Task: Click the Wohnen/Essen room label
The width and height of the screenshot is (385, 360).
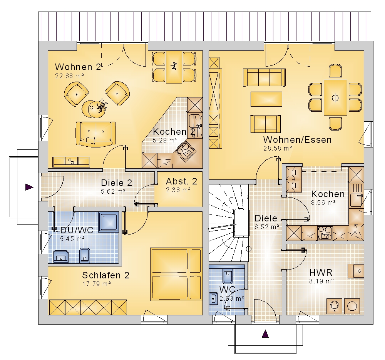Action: coord(297,140)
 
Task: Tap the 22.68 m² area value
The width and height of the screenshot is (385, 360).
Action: coord(69,76)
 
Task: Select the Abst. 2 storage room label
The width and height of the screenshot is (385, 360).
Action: coord(181,181)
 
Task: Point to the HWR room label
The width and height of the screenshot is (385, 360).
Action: coord(321,272)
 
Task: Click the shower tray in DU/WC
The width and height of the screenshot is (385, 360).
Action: coord(109,222)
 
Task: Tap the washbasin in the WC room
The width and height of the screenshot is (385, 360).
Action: coord(214,299)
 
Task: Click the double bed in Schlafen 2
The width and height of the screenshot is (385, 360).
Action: coord(176,274)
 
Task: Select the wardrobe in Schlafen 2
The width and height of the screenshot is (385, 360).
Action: coord(88,307)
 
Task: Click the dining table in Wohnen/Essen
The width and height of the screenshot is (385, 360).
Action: coord(335,97)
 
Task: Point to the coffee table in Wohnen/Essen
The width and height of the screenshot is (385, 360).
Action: coord(266,99)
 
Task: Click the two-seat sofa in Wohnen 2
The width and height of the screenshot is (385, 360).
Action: coord(95,134)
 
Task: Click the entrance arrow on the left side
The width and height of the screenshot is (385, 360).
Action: coord(29,187)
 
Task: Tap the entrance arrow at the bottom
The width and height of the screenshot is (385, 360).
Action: coord(265,334)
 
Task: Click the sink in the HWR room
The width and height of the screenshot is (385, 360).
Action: coord(356,271)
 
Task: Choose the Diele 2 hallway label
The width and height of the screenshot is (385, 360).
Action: coord(116,183)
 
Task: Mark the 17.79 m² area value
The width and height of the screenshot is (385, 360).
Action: coord(97,284)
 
